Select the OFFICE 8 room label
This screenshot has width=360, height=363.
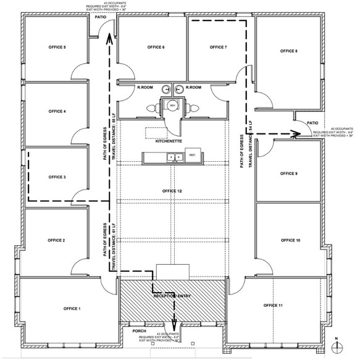pos(288,51)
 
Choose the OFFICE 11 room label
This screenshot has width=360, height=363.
pos(272,306)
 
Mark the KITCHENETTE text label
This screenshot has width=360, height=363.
pos(168,141)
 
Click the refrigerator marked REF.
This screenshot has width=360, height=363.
pos(192,155)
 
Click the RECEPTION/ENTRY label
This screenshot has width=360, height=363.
pos(173,297)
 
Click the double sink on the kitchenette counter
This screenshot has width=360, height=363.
pos(174,157)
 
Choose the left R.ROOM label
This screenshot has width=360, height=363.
pos(144,88)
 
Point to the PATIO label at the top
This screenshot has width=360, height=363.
pos(101,18)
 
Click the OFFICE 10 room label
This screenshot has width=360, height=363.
pos(289,240)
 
